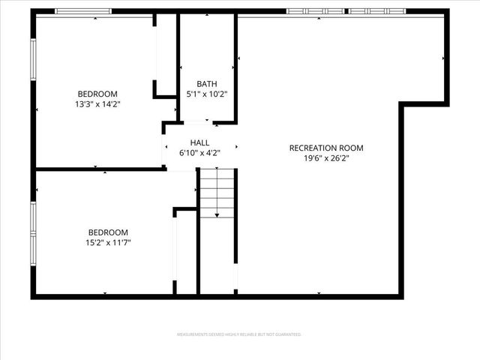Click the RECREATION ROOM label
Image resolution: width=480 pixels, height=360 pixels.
pos(326,148)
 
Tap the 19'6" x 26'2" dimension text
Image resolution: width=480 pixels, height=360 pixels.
pos(326,158)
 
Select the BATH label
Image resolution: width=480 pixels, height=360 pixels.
pos(206,84)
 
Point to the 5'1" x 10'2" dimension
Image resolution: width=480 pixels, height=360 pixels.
pos(206,94)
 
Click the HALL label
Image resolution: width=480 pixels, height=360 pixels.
pos(199,142)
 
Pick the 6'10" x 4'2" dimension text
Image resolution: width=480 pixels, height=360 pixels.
pos(199,153)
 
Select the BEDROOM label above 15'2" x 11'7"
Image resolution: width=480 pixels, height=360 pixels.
pos(108,232)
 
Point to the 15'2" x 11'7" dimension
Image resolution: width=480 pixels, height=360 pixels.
pos(108,243)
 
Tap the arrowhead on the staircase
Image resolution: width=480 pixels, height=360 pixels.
pos(217,215)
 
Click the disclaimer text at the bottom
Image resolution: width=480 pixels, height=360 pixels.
pos(238,334)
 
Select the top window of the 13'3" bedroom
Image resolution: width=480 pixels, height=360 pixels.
pos(84,12)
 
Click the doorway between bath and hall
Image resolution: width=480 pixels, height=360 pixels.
pos(197,121)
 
